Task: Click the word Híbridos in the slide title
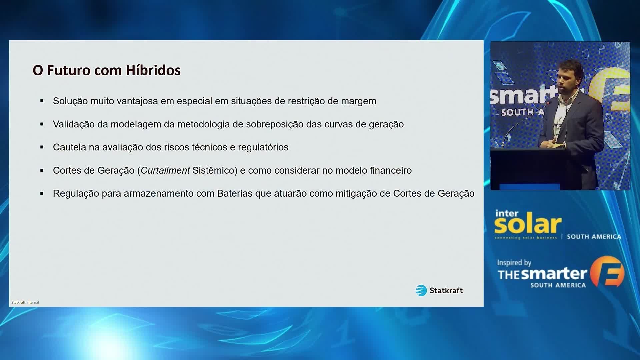pyautogui.click(x=153, y=70)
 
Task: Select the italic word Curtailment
pyautogui.click(x=165, y=170)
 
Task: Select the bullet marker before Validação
pyautogui.click(x=42, y=124)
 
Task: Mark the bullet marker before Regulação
pyautogui.click(x=42, y=193)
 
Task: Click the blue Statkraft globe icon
pyautogui.click(x=421, y=290)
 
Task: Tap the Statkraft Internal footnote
pyautogui.click(x=25, y=302)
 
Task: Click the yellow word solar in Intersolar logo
pyautogui.click(x=528, y=225)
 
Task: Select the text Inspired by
pyautogui.click(x=514, y=263)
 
